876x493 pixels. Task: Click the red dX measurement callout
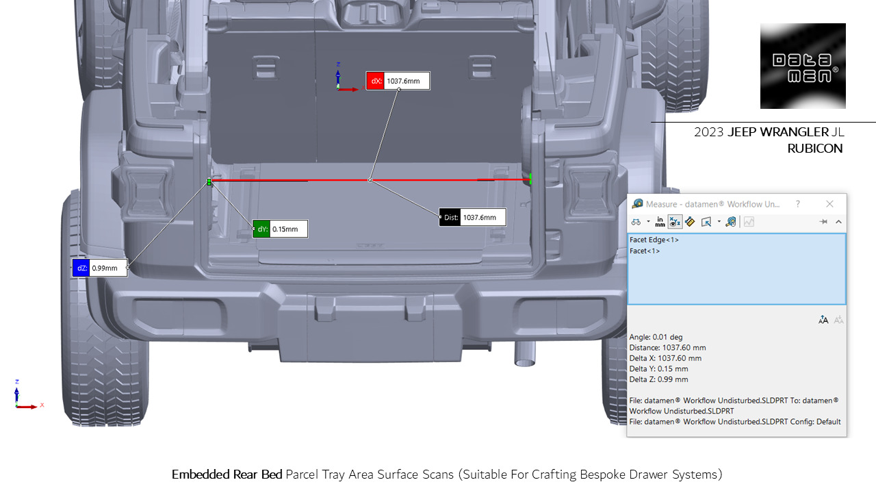[x=398, y=81]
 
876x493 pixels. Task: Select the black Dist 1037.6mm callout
[x=472, y=218]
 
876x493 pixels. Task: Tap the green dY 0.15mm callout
[x=280, y=229]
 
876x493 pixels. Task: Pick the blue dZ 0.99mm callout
[x=100, y=268]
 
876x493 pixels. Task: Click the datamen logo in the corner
[x=803, y=66]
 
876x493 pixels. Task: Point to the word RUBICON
[x=814, y=149]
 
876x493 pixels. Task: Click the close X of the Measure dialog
[x=829, y=204]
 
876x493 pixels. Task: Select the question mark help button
[x=797, y=204]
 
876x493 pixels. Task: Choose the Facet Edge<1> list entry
[x=654, y=240]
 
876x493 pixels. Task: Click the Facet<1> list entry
[x=645, y=251]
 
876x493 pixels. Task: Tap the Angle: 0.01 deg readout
[x=656, y=337]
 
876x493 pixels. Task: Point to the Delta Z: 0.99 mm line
[x=658, y=379]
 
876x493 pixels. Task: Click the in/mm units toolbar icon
[x=660, y=222]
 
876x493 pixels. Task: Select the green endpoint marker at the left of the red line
[x=209, y=181]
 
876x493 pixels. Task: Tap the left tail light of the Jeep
[x=146, y=186]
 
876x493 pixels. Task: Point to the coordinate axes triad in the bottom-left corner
[x=23, y=397]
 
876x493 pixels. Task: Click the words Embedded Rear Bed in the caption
[x=227, y=475]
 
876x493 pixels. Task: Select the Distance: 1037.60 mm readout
[x=668, y=348]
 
